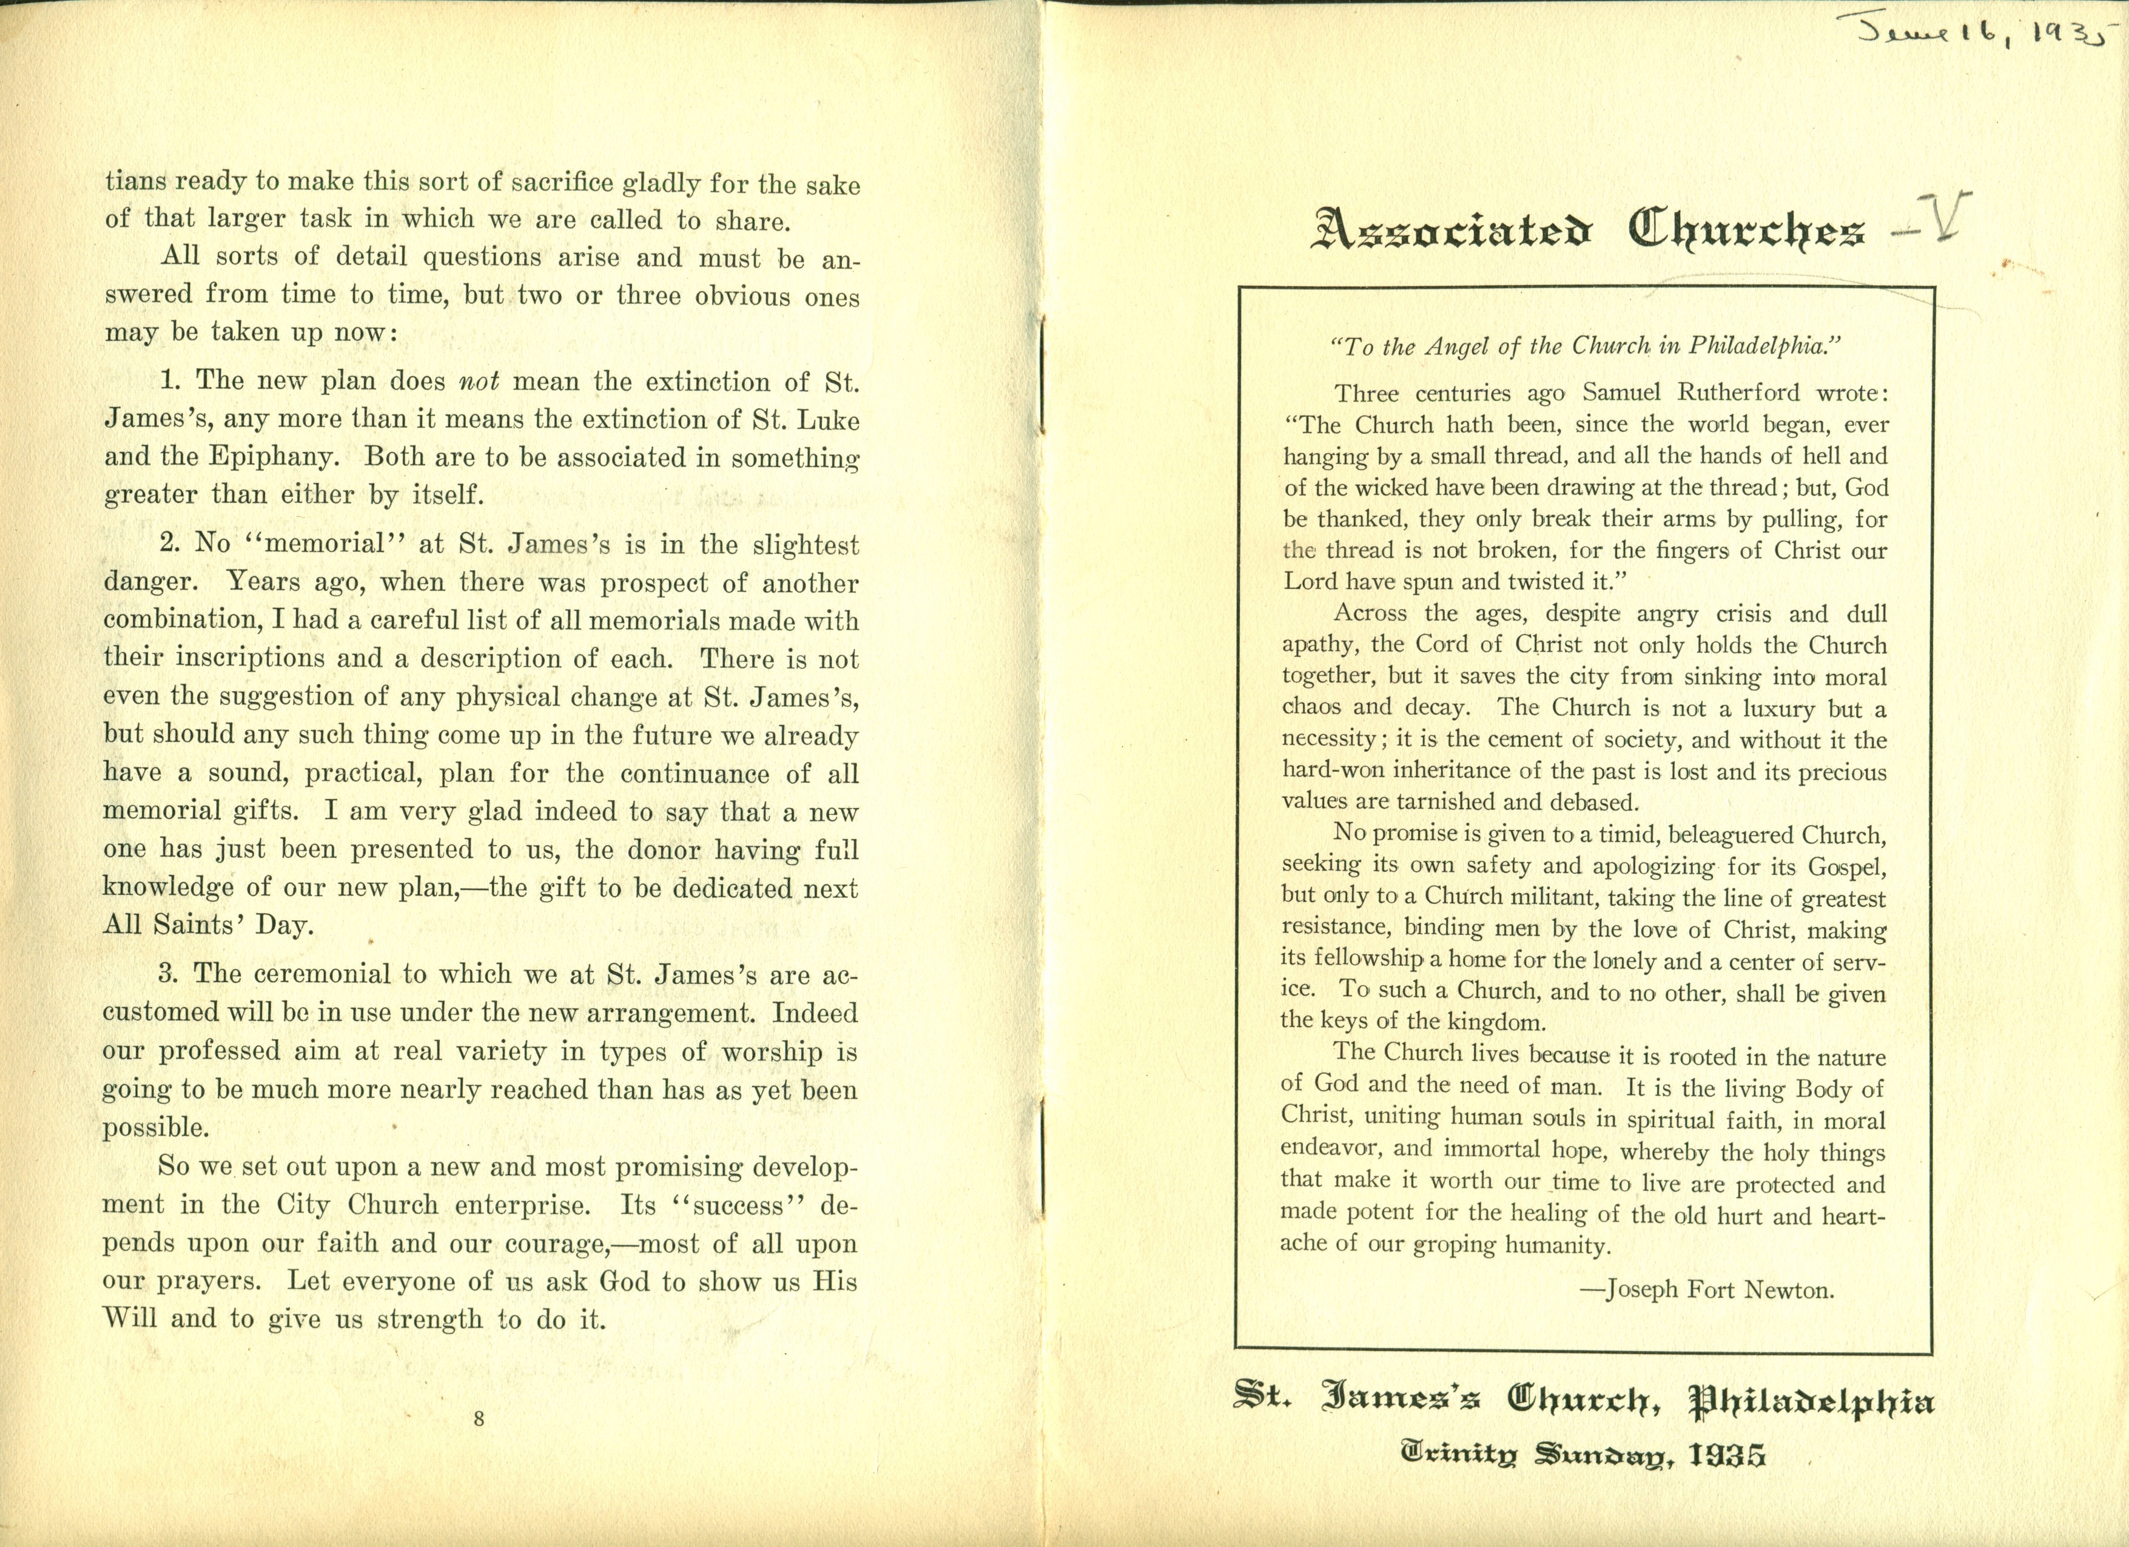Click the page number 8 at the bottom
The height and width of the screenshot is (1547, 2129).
pos(479,1420)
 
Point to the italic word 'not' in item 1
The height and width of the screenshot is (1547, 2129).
pos(479,381)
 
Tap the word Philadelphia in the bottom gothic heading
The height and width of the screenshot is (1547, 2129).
pos(1812,1403)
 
